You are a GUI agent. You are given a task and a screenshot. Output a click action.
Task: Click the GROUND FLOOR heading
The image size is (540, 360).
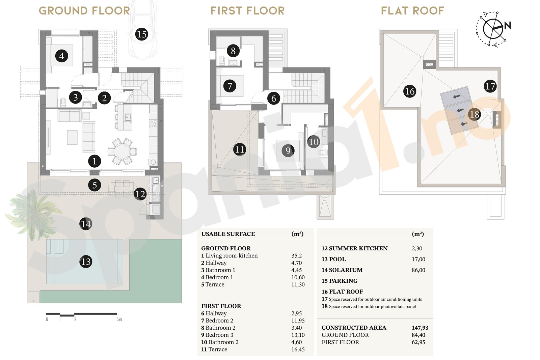pos(84,11)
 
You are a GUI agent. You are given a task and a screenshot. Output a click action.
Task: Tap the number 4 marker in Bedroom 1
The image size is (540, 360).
pos(61,56)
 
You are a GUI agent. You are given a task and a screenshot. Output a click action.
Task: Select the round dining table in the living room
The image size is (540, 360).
pos(123,151)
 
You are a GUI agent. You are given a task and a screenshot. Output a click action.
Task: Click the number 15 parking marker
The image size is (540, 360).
pos(141,34)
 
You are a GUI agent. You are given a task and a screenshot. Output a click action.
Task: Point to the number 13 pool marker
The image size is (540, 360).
pos(86,261)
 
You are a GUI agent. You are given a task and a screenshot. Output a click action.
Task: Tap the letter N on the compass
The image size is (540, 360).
pos(508,25)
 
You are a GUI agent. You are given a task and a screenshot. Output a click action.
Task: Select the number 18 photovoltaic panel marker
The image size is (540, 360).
pos(474,114)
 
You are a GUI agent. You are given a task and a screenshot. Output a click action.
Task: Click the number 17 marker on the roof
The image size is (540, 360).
pos(490,86)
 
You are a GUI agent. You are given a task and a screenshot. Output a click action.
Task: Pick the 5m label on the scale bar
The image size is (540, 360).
pos(119,319)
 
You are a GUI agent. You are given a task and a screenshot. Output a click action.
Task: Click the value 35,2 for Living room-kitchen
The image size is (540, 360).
pos(297,256)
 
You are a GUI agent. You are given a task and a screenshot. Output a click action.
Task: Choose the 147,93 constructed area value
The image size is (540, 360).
pos(420,328)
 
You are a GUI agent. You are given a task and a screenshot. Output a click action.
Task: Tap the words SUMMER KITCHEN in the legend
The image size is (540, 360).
pos(358,248)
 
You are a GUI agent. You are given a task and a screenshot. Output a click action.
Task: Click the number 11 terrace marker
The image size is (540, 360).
pos(240,149)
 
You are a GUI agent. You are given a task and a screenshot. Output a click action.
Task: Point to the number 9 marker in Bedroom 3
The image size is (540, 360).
pos(288,150)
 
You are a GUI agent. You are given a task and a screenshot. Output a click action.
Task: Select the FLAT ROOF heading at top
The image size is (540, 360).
pos(412,11)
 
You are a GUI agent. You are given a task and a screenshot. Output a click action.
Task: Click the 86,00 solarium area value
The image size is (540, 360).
pos(418,270)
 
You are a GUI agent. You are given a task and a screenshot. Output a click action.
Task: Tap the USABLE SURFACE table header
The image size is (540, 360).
pos(228,234)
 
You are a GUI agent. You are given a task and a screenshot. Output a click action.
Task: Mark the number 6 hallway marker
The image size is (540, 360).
pos(274,98)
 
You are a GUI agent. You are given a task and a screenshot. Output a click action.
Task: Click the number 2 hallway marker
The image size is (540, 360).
pos(104,98)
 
